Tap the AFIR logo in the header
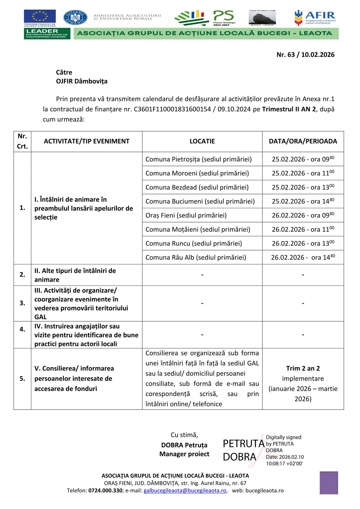[315, 18]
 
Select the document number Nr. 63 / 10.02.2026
[305, 55]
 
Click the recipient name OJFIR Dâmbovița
[82, 81]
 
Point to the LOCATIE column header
[202, 141]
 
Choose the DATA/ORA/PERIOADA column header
[303, 141]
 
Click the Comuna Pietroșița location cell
[198, 159]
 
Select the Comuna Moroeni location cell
[197, 173]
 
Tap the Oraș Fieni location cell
[186, 215]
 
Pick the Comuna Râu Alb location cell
[195, 257]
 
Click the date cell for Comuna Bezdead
[303, 187]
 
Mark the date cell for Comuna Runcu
[303, 243]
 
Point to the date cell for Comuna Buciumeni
[303, 201]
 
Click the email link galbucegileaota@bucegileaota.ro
[185, 491]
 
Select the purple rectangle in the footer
[329, 483]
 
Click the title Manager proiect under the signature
[184, 454]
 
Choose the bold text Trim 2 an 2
[303, 368]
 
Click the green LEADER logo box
[47, 34]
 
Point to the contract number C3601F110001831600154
[172, 109]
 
